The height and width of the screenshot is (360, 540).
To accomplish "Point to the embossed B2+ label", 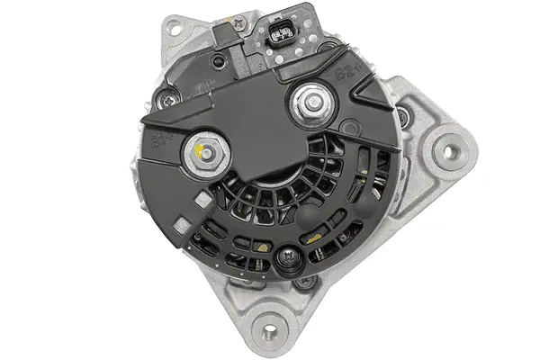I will [345, 70].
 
